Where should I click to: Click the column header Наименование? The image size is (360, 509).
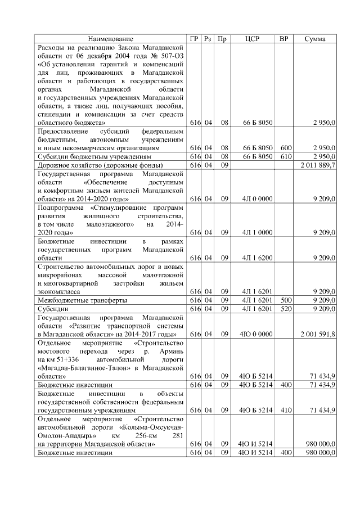(111, 39)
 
